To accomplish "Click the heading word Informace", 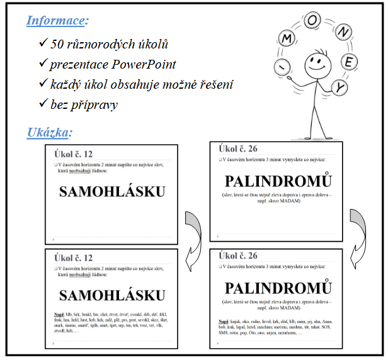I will coord(56,21).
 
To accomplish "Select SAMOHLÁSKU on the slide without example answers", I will coord(112,193).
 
